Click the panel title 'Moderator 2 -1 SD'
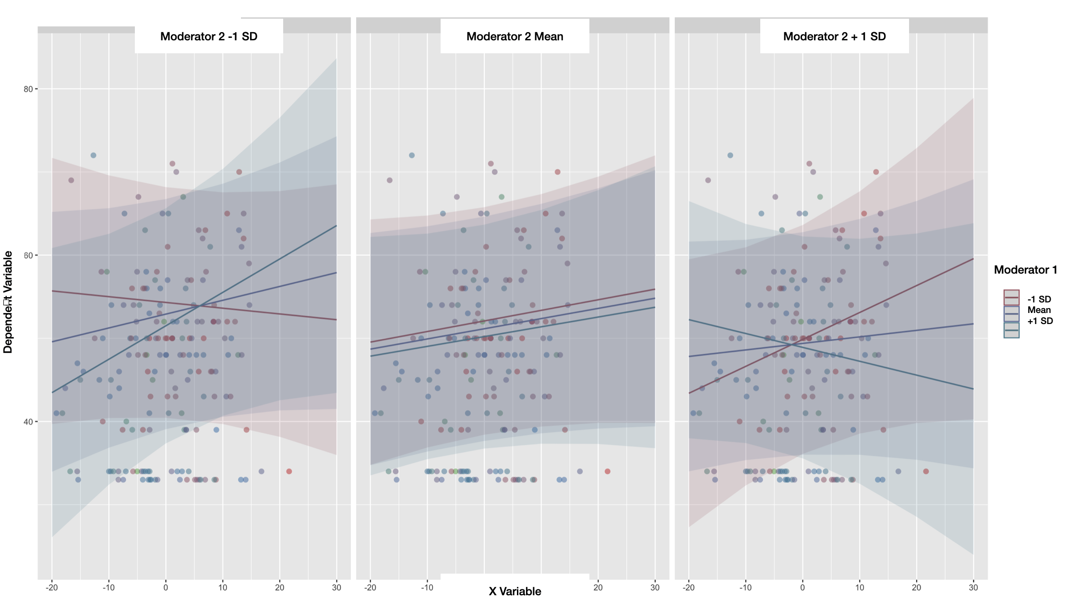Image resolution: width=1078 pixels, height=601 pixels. [x=209, y=36]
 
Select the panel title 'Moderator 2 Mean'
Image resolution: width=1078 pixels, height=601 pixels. [x=515, y=36]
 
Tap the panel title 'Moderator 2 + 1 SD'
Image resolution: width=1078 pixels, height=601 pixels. [x=834, y=36]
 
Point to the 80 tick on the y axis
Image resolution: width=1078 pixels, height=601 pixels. [x=28, y=89]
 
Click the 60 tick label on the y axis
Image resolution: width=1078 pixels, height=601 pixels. [x=28, y=255]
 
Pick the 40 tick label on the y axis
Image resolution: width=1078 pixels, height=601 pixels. [x=28, y=421]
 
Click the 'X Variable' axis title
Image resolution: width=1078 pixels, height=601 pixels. [x=515, y=591]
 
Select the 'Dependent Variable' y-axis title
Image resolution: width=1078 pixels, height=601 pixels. [x=8, y=302]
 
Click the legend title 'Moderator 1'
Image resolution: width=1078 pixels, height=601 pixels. [x=1025, y=270]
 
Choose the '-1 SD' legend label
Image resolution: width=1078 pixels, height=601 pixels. [x=1039, y=299]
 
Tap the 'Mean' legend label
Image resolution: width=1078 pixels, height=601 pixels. [x=1039, y=310]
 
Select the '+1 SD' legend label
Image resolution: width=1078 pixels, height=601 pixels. [x=1040, y=321]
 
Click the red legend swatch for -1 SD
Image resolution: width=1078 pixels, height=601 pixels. [x=1011, y=298]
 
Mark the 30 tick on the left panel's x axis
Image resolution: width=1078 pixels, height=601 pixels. [x=336, y=587]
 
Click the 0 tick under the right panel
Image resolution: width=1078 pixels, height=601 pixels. [x=803, y=587]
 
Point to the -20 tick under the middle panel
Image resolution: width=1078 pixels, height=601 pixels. [x=370, y=587]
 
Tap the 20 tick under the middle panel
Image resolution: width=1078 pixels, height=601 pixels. [x=598, y=587]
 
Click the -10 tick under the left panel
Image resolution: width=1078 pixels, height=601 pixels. [x=108, y=587]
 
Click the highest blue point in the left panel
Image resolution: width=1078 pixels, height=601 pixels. [x=94, y=155]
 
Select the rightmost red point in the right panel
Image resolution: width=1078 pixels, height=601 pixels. [x=926, y=471]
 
